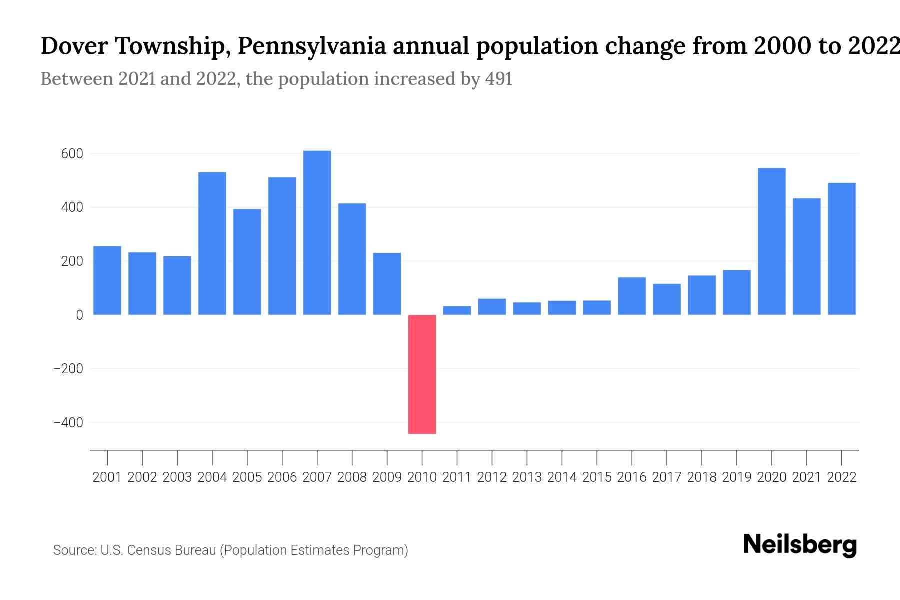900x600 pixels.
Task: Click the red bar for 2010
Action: point(422,374)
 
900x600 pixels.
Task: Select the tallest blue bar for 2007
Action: point(317,233)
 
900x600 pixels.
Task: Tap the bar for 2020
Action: point(771,241)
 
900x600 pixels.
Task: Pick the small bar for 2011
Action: point(457,310)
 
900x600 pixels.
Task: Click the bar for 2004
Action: point(212,243)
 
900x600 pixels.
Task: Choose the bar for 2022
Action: point(841,249)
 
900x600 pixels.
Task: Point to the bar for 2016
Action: point(632,296)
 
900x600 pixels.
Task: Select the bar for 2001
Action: point(107,280)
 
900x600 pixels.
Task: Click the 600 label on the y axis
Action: point(72,154)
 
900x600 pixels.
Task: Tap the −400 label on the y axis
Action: point(68,423)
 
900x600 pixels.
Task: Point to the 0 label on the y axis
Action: point(79,315)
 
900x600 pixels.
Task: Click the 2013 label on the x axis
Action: point(527,477)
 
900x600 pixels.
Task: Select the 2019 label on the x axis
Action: point(736,477)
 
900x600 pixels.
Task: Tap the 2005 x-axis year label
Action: point(247,477)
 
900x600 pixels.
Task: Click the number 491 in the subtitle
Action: point(498,79)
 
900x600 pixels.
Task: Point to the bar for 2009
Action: point(387,284)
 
